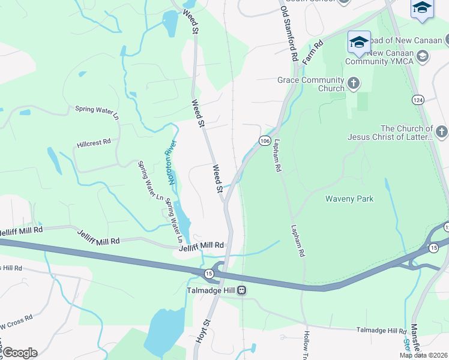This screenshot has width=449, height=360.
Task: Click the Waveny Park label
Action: click(349, 199)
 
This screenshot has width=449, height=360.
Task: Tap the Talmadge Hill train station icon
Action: click(241, 290)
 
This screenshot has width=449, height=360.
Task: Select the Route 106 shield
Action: click(264, 140)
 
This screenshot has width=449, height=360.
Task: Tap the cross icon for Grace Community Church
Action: click(354, 83)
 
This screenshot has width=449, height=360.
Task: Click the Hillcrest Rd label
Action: click(94, 143)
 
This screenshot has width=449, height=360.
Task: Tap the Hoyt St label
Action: click(203, 331)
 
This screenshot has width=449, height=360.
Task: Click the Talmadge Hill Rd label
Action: click(382, 331)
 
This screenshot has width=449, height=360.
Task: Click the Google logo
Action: click(19, 353)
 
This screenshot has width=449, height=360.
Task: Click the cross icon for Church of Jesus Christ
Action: click(441, 131)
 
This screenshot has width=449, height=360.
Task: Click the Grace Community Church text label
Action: click(311, 84)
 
